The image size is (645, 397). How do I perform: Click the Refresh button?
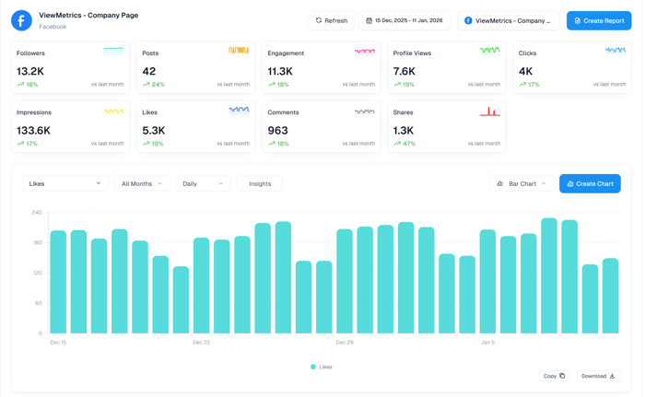point(331,20)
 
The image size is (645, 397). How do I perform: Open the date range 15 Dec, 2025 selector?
point(405,20)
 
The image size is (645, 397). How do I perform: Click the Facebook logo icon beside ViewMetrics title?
point(21,20)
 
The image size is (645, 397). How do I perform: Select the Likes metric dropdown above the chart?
point(64,183)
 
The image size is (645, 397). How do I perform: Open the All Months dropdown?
point(141,183)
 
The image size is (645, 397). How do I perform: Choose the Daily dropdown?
point(203,183)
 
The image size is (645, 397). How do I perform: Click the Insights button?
point(260,183)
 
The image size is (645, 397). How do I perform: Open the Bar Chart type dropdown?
point(522,183)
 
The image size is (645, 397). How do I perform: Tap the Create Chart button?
point(590,183)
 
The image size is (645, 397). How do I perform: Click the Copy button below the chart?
point(554,376)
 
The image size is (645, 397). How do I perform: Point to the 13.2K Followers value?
point(30,71)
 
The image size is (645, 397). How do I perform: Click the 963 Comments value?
point(277,131)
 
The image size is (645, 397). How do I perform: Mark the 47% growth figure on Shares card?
point(409,144)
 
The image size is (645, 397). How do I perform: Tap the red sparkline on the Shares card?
point(489,111)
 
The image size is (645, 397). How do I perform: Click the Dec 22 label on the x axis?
point(201,342)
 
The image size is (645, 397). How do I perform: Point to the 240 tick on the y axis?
point(37,212)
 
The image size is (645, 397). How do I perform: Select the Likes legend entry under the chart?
point(322,367)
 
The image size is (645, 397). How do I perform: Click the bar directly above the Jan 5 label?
point(487,282)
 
